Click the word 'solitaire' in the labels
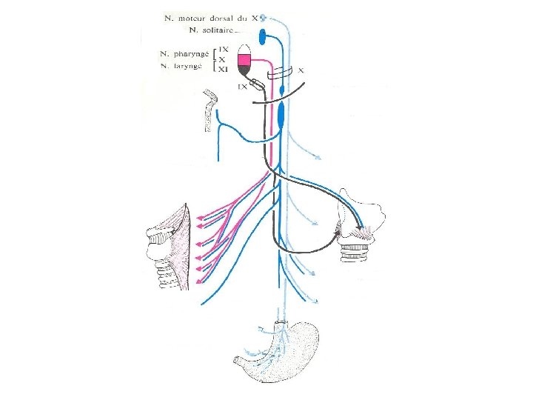coord(215,30)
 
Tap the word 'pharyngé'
coord(185,54)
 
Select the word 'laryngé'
coord(187,67)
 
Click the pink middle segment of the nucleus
coord(244,58)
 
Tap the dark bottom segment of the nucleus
coord(244,70)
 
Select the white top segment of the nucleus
coord(244,48)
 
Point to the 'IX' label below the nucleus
coord(241,87)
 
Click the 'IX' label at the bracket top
coord(222,47)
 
